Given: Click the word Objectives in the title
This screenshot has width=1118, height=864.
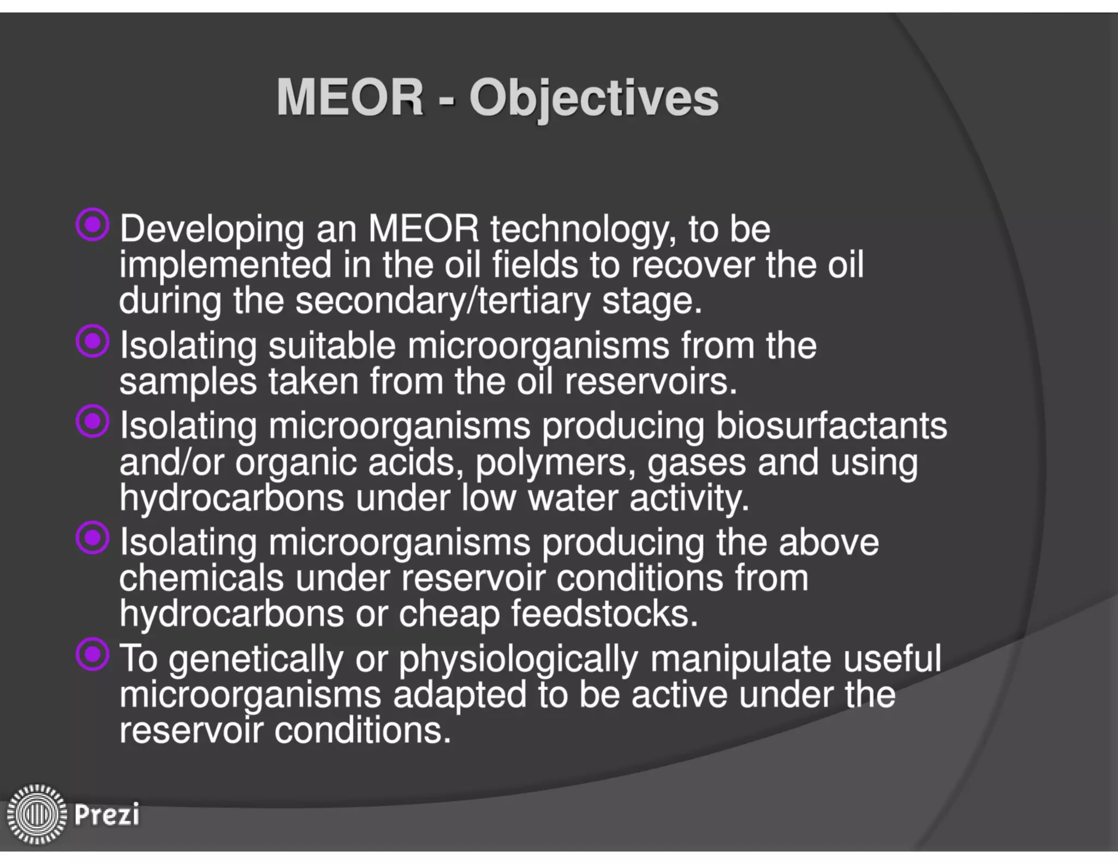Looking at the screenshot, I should (x=594, y=98).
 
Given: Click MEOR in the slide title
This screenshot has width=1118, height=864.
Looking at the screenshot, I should (x=350, y=97).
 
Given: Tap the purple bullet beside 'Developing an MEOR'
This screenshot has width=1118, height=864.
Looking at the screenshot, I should (x=93, y=224).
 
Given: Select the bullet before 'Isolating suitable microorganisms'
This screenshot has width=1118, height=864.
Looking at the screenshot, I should (x=93, y=341).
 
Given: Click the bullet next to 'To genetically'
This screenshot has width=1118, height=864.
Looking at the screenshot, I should (x=93, y=654).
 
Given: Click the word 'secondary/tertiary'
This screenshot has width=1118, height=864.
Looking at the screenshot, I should (x=443, y=300).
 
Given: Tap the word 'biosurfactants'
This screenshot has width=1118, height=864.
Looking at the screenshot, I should (x=831, y=425).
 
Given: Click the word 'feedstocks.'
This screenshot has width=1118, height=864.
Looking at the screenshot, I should (x=604, y=614).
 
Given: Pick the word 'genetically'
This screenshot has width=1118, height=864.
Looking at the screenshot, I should (x=255, y=659).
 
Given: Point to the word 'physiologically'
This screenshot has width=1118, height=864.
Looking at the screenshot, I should (x=518, y=659).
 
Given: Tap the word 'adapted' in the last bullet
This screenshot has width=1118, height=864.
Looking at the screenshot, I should (x=460, y=695).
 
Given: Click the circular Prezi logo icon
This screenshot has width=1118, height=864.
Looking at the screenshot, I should (x=36, y=814).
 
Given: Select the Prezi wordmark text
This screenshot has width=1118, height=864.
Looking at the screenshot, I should (x=107, y=814).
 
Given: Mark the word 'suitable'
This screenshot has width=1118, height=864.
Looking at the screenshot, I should (x=332, y=346).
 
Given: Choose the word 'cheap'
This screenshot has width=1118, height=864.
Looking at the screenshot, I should (x=449, y=614).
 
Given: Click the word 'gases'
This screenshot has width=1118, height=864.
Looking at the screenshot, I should (x=696, y=462).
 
